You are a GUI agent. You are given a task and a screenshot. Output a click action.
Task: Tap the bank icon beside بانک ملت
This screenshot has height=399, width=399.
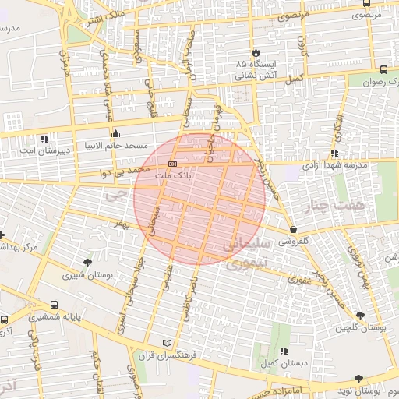tap(172, 164)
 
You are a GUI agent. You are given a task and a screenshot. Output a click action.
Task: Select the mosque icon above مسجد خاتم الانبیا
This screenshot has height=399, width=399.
tap(116, 132)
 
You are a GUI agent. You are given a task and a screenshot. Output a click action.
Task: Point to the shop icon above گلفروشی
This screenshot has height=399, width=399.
tap(293, 229)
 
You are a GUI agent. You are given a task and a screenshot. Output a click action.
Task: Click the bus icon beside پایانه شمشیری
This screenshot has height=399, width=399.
tap(54, 305)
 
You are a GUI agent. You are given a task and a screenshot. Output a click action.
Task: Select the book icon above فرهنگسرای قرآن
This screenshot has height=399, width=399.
tap(166, 343)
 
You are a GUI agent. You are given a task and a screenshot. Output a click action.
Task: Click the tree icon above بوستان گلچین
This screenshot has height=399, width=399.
tap(359, 315)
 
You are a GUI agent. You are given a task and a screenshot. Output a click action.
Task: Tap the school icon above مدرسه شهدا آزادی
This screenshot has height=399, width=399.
tap(334, 153)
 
